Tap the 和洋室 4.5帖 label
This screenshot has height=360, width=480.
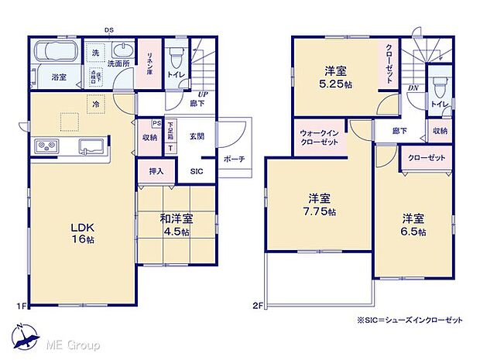click(x=178, y=224)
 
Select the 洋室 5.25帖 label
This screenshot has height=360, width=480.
click(x=338, y=77)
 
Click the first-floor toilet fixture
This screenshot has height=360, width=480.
click(x=176, y=56)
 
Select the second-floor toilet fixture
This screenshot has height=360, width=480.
click(x=439, y=85)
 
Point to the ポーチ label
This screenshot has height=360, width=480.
click(x=234, y=159)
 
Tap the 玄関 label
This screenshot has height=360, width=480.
click(x=196, y=137)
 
